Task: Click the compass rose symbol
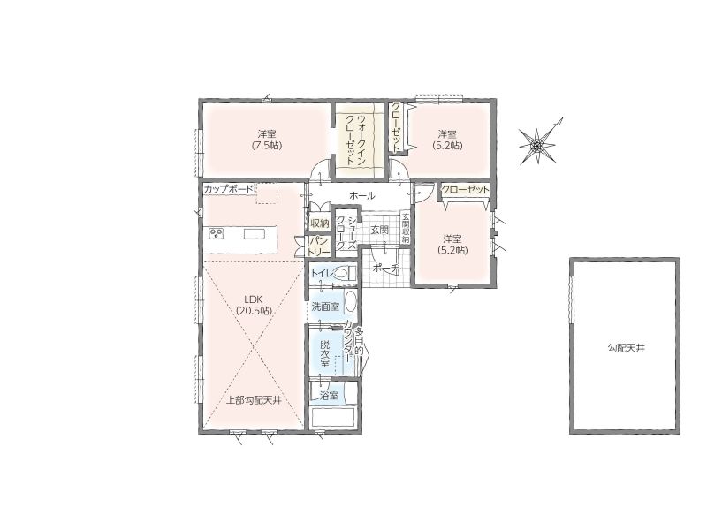537,146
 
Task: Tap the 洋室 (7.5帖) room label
267,140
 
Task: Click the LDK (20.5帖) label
254,305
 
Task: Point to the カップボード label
229,189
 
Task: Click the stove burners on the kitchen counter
217,233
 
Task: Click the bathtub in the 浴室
333,416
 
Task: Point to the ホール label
362,196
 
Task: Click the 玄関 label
380,230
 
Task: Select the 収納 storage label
320,223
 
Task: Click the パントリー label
319,246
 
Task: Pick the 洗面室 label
325,307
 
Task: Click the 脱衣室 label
324,354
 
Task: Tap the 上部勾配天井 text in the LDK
254,400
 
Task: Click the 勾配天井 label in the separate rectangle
626,348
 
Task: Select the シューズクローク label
346,232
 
